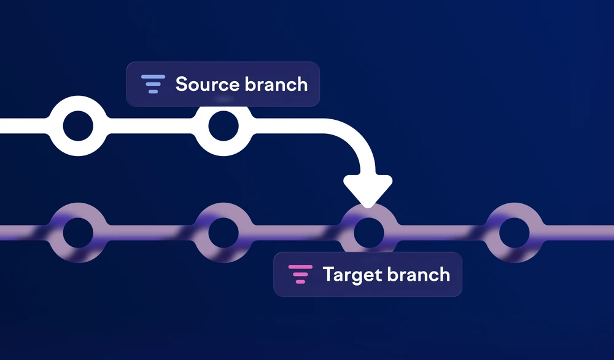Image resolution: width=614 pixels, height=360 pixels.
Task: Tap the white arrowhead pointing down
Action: pos(368,190)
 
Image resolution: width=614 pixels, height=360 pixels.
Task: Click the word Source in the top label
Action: pos(207,84)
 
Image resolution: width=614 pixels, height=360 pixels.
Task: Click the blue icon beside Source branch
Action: pos(153,84)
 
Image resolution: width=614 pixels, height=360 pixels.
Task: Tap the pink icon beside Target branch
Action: pos(300,274)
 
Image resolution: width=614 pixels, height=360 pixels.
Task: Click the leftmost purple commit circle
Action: pos(78,248)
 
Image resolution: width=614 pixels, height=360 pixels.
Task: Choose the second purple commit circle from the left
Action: pos(223,248)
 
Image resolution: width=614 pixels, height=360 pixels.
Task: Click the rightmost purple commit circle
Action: pos(514,248)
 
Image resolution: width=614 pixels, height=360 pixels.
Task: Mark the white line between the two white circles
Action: pos(151,126)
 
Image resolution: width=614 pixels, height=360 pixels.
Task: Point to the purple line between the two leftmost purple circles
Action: pos(151,232)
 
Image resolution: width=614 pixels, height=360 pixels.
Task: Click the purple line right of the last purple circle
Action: pos(579,232)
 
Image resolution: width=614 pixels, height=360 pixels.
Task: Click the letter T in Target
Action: pos(328,274)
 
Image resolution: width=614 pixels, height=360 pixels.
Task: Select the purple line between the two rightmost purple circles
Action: pos(441,232)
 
